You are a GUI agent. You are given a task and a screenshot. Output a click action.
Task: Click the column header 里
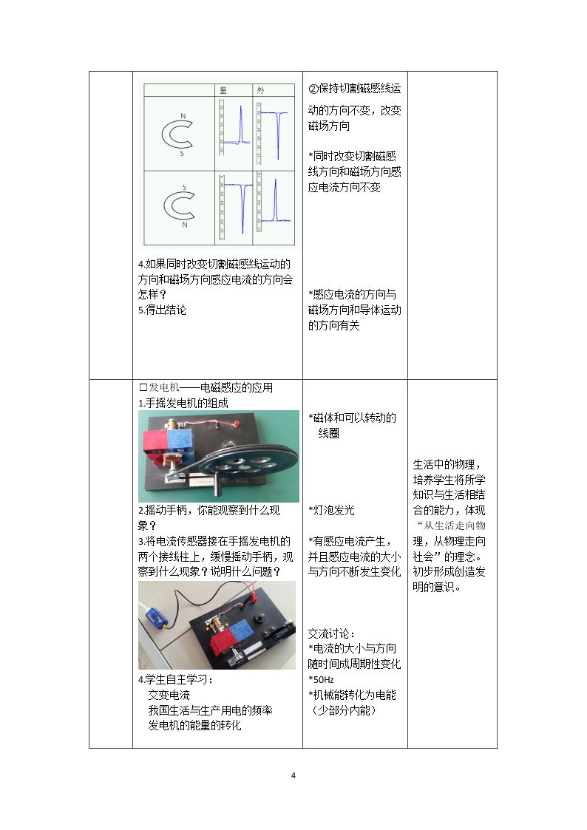[223, 90]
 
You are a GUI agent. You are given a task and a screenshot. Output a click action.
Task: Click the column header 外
[260, 90]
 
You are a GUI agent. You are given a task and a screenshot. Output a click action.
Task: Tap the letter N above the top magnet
[183, 115]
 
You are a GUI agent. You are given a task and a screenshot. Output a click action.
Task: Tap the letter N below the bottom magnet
[185, 225]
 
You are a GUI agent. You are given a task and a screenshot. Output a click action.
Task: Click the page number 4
[293, 775]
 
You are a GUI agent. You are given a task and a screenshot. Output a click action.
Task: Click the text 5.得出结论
[162, 310]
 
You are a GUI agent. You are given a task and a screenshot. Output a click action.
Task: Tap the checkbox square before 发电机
[143, 387]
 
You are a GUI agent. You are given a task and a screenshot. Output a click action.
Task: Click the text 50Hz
[323, 680]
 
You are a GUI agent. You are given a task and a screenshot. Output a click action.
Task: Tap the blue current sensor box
[157, 616]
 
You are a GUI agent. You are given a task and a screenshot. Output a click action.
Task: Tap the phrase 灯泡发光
[334, 510]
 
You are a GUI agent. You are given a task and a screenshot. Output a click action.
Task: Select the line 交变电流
[169, 695]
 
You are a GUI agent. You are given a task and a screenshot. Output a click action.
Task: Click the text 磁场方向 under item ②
[329, 126]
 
